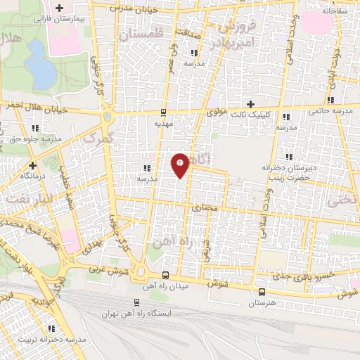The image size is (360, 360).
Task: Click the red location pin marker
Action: point(181,165)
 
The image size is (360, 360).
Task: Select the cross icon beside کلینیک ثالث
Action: point(251,104)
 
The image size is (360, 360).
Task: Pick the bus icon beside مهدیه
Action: point(164,111)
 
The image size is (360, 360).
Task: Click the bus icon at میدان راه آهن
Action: point(165,275)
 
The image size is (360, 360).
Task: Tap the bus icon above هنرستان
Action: point(262,292)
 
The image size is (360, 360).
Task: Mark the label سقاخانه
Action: point(338,12)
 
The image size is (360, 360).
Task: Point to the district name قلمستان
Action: point(141,33)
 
